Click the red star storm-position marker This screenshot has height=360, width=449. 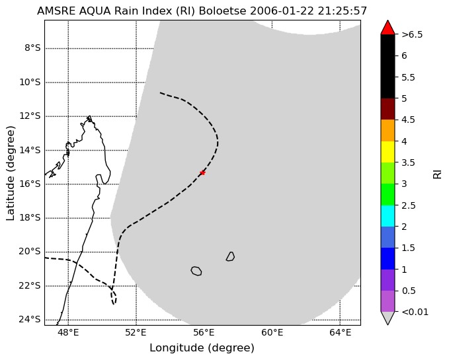[203, 172]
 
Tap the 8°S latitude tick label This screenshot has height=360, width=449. [32, 48]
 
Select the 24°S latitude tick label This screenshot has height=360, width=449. [30, 319]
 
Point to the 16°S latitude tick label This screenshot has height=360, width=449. [30, 184]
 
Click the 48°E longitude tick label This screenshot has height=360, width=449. [68, 332]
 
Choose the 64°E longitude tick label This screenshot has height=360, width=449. [340, 332]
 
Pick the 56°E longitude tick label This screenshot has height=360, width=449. [204, 332]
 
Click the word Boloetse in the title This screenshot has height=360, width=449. [222, 11]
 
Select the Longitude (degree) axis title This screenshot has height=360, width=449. [202, 348]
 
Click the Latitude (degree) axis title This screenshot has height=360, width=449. [11, 173]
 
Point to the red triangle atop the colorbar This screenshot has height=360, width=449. [388, 28]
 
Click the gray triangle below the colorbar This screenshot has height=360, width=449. [388, 318]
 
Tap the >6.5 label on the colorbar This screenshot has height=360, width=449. [412, 34]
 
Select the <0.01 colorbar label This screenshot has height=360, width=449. [415, 312]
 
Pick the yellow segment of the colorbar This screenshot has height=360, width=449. [388, 152]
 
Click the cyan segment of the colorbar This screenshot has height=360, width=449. [388, 216]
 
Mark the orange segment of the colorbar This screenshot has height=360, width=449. [388, 130]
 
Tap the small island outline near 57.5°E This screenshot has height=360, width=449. [230, 256]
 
